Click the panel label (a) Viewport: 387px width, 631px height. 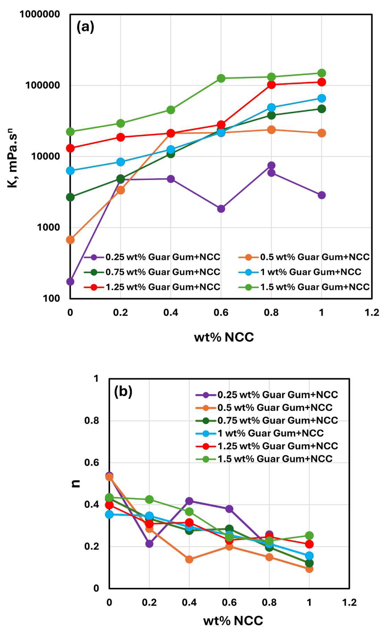[85, 27]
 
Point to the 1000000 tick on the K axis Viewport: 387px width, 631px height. [40, 14]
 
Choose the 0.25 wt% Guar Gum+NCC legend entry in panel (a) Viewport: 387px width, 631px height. [152, 257]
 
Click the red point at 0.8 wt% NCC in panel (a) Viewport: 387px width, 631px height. [271, 84]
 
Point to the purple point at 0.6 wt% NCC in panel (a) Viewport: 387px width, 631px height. [221, 209]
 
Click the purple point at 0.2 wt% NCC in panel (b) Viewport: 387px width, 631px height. [149, 544]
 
